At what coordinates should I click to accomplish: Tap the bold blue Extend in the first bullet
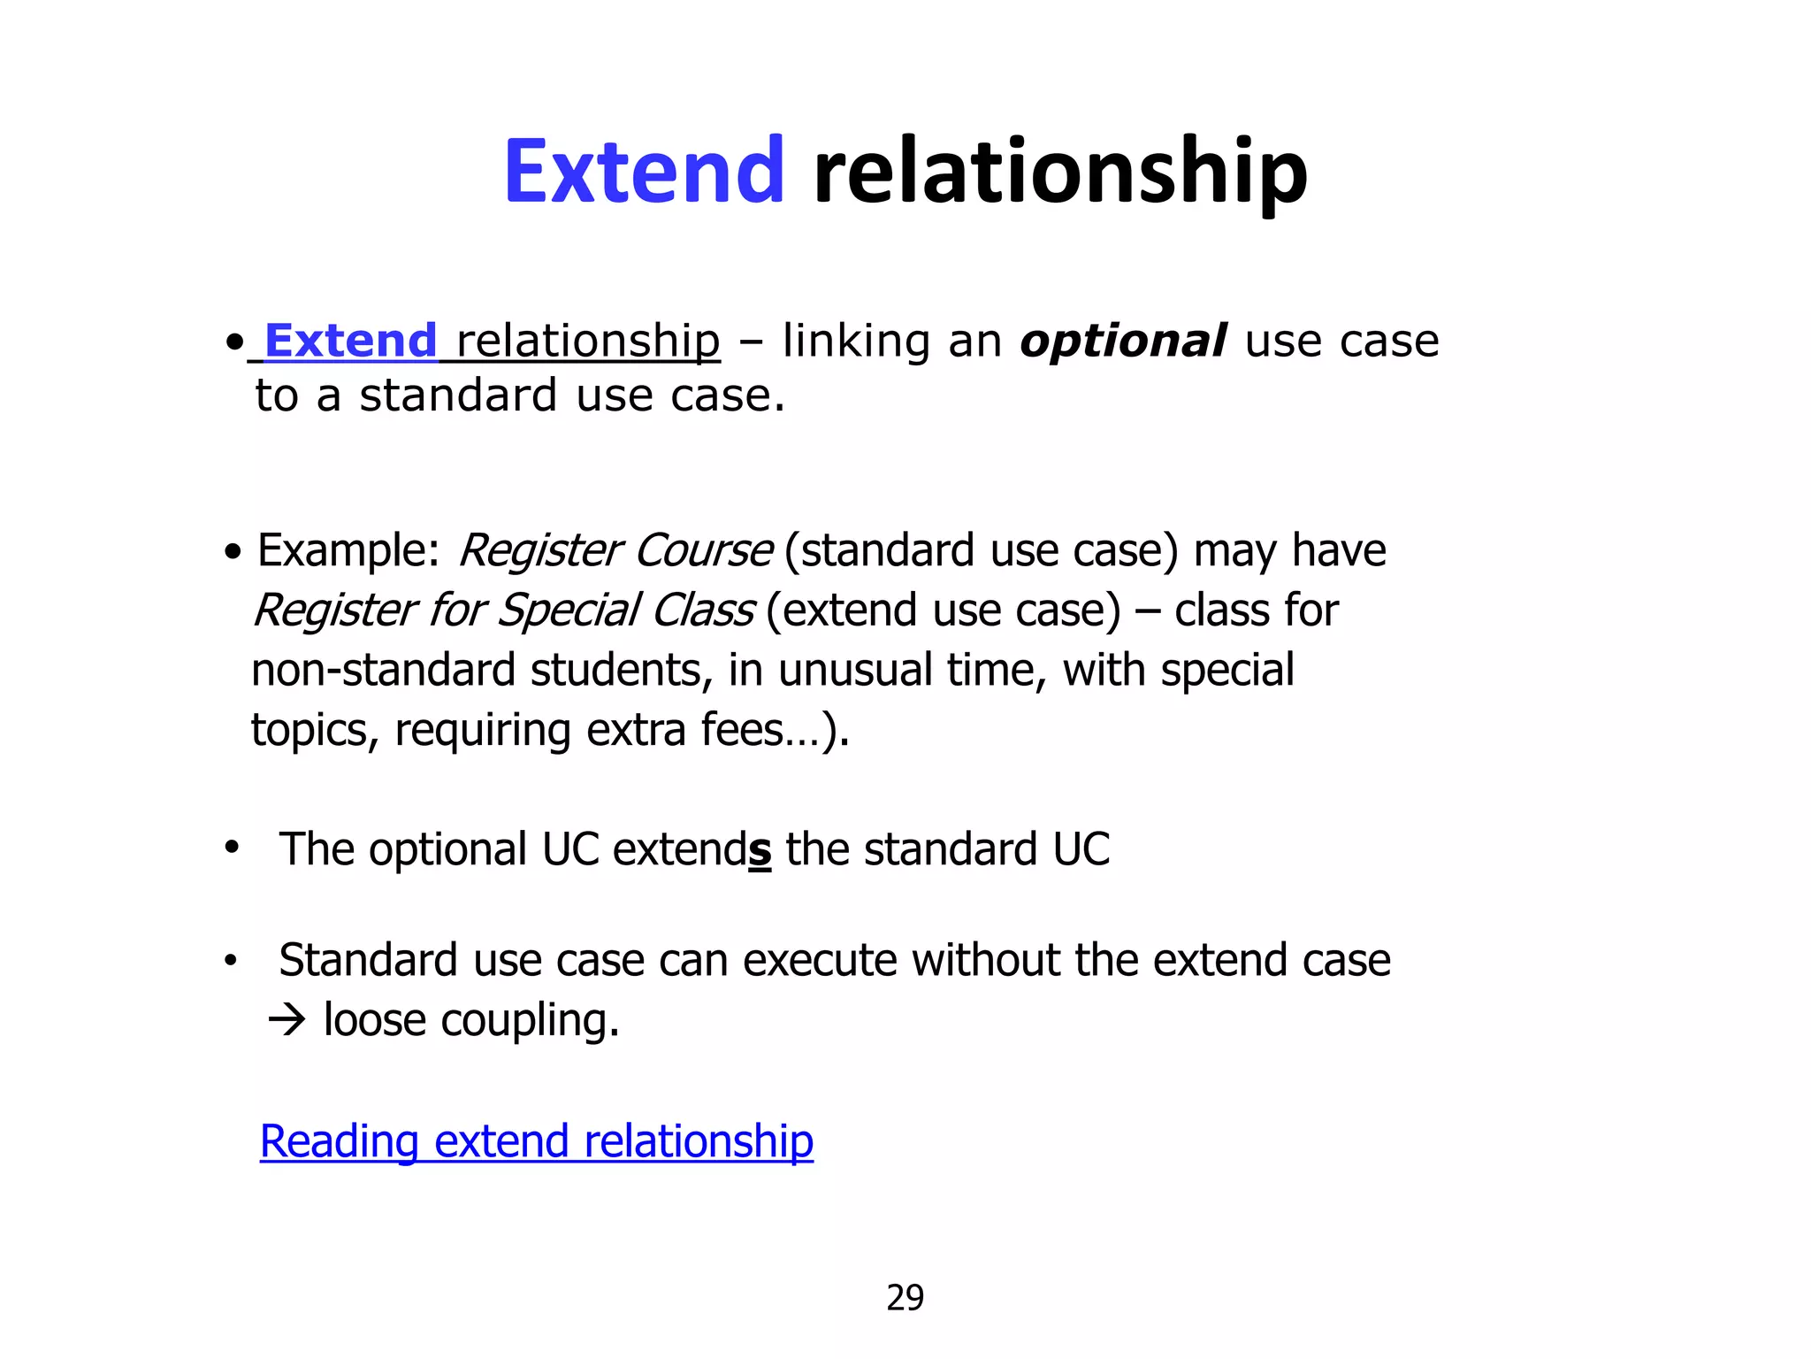coord(350,341)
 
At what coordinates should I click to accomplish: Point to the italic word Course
coord(704,550)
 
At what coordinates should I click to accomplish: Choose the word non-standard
coord(383,670)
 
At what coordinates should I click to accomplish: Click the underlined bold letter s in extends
coord(760,850)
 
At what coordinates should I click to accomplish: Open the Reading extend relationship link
coord(536,1141)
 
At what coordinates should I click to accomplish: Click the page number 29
coord(905,1298)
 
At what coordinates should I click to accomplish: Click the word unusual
coord(855,670)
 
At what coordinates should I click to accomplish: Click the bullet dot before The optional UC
coord(232,848)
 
